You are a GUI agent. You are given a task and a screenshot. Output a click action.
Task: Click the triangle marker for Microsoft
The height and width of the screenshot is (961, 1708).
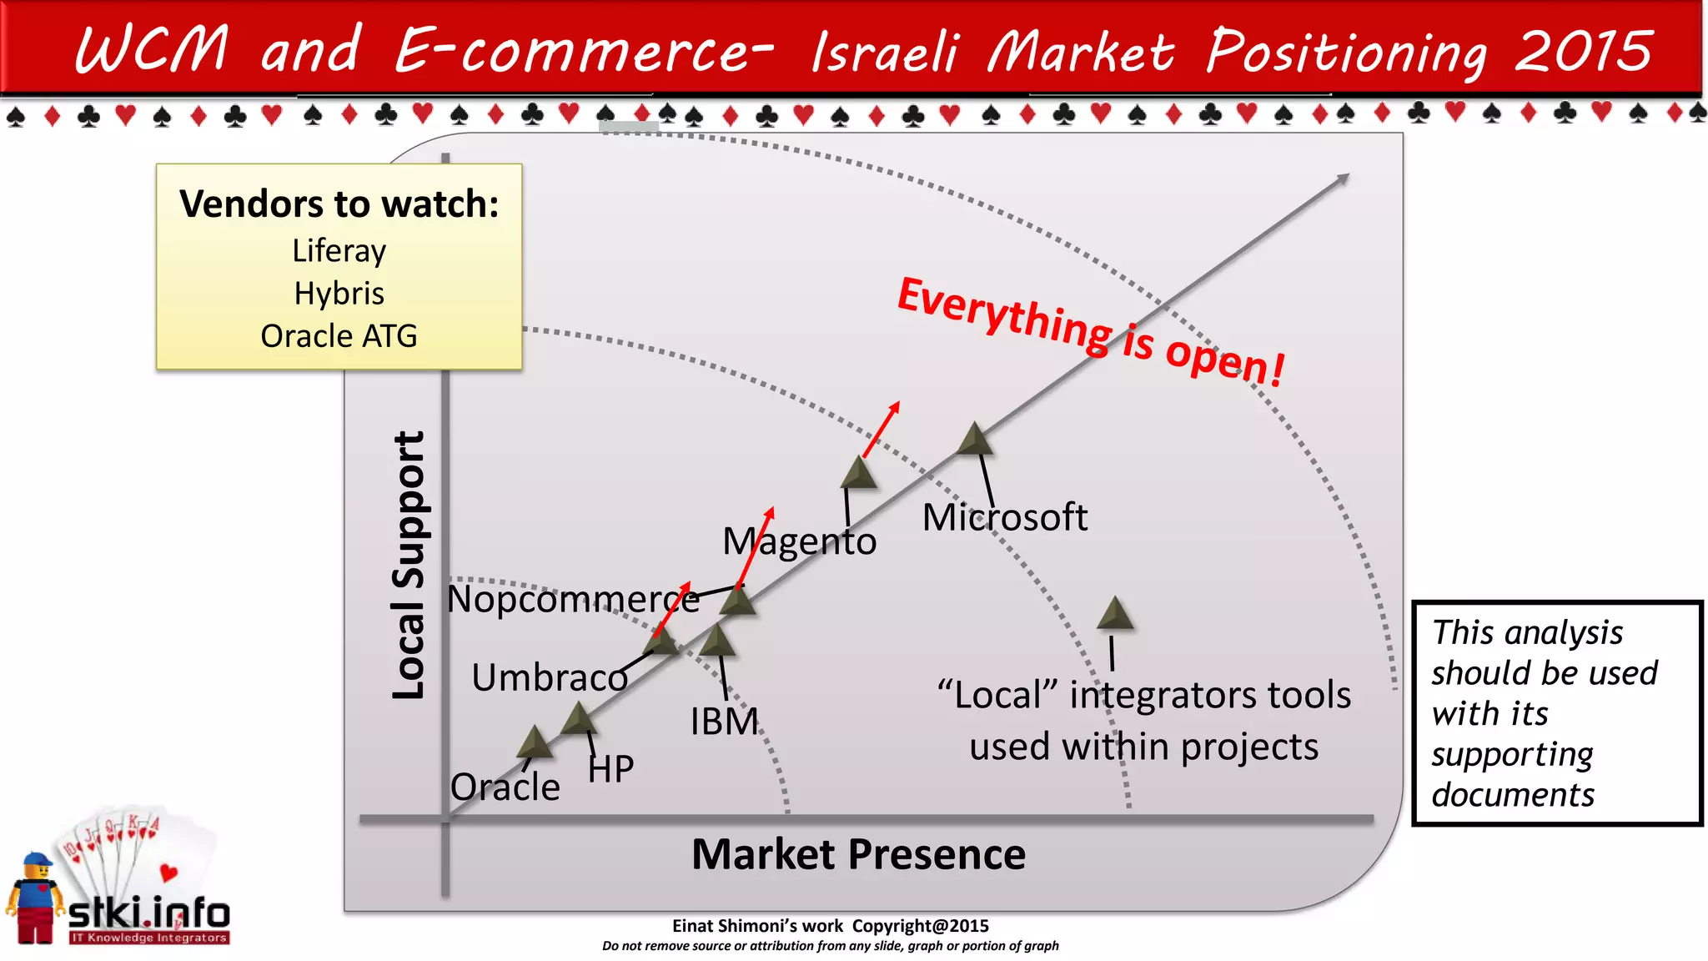[x=974, y=440]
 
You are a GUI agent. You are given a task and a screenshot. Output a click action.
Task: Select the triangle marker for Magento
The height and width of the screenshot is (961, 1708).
[x=858, y=473]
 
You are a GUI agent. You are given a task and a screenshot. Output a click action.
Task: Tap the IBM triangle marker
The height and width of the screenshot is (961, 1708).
[x=717, y=641]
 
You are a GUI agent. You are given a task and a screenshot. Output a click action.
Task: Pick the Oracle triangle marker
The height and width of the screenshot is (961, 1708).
[x=534, y=742]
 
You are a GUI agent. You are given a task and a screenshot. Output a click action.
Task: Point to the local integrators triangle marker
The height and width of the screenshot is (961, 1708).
[x=1115, y=614]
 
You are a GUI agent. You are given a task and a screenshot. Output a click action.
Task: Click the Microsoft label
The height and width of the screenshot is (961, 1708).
[x=1004, y=518]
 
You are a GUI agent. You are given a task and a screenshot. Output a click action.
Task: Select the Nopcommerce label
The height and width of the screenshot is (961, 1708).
[x=573, y=599]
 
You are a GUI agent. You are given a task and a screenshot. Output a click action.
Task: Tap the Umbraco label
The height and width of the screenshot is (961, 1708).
[x=550, y=677]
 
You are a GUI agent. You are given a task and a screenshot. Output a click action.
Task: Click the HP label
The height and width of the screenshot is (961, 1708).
[x=610, y=769]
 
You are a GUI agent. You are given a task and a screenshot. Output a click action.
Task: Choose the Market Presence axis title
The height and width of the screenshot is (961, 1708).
[x=858, y=854]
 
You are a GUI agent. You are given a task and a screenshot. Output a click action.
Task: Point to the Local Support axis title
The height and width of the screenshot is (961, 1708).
[x=409, y=566]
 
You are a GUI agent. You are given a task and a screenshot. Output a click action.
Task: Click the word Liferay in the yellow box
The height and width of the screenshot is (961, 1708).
[x=339, y=251]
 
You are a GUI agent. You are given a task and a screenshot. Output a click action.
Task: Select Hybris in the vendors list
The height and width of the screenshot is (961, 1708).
[x=339, y=294]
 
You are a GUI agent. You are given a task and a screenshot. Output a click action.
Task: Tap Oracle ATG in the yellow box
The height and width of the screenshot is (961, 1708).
[x=339, y=336]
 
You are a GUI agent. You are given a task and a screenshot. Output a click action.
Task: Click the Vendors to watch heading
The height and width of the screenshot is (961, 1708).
[x=339, y=204]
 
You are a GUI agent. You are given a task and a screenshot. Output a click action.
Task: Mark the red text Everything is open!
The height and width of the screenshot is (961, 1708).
[x=1091, y=331]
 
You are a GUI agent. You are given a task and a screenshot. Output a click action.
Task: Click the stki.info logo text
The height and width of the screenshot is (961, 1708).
[x=148, y=913]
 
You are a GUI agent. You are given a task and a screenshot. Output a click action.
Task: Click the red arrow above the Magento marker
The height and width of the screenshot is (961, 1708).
[x=882, y=429]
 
